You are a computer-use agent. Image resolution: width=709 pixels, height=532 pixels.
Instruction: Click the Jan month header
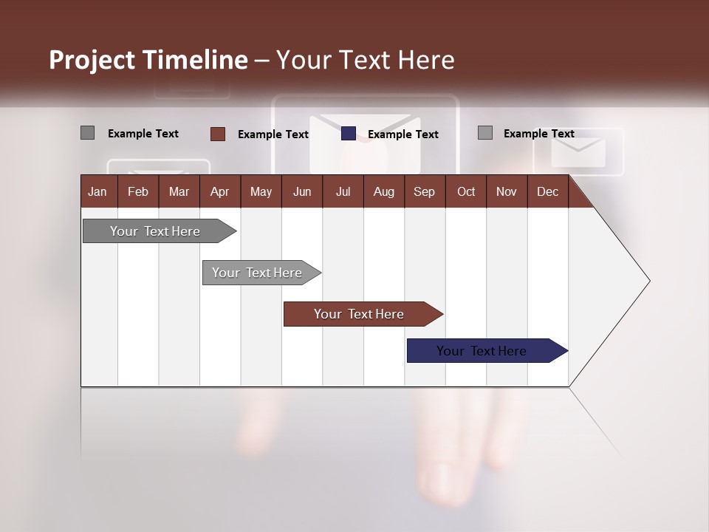tap(98, 191)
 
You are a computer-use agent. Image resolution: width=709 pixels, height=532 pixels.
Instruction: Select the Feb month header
tap(138, 191)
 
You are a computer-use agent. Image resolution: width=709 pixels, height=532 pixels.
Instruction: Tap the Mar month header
tap(179, 191)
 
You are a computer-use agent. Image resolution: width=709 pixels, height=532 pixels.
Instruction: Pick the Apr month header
tap(220, 191)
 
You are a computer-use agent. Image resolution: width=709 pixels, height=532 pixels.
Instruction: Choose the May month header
tap(261, 191)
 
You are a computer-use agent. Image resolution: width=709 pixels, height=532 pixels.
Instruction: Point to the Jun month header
tap(302, 191)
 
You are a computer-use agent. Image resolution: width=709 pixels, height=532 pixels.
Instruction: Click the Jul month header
tap(343, 191)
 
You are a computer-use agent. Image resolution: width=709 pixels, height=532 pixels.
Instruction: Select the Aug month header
tap(384, 191)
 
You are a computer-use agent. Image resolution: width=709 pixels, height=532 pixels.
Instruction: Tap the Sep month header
tap(425, 191)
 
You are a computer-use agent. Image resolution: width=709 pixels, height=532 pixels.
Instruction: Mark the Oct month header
tap(466, 191)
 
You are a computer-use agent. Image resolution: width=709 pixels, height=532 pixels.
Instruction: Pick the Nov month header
tap(507, 191)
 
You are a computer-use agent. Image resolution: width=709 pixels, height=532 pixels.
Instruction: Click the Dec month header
tap(548, 191)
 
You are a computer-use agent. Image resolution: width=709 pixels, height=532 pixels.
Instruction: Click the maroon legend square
tap(217, 134)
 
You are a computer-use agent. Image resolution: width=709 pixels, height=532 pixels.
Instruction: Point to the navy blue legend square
tap(349, 134)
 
